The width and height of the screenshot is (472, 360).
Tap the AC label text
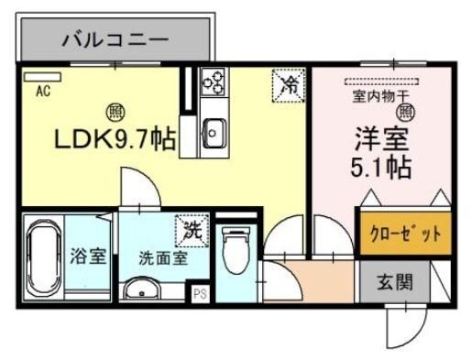click(42, 91)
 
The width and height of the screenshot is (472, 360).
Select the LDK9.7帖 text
click(114, 141)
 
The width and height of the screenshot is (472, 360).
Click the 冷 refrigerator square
click(289, 85)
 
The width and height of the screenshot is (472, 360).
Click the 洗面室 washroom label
click(163, 257)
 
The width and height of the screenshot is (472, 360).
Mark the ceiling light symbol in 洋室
click(405, 113)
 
